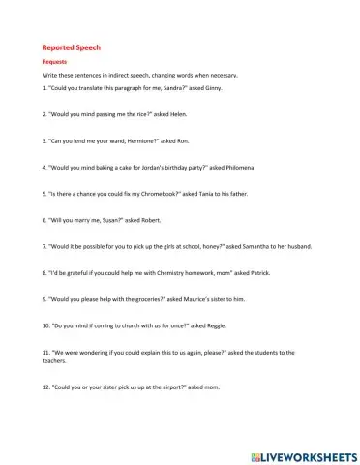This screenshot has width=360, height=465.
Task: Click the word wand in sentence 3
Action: click(107, 140)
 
